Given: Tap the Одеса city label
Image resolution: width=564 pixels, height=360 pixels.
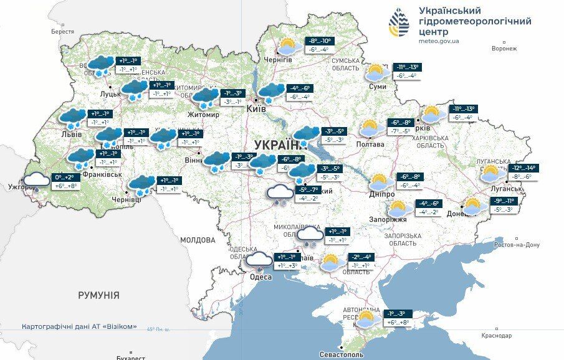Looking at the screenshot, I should [260, 277].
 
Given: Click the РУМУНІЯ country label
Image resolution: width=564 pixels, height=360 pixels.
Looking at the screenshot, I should [98, 295].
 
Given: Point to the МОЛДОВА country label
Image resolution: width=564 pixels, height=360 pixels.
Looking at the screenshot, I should [198, 240].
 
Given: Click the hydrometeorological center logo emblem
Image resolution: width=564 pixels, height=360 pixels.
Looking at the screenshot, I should [399, 23].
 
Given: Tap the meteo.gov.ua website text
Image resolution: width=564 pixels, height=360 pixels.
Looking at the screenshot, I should [438, 41].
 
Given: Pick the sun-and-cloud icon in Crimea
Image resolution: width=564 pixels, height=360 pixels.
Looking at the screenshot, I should [365, 318].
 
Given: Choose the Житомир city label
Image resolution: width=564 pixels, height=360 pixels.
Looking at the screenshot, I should [203, 115].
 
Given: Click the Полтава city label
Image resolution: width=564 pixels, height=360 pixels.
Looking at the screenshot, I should [370, 144].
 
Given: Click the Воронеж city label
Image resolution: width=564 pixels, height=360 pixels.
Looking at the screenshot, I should [504, 49].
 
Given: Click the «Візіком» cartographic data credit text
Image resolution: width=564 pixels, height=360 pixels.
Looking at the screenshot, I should [79, 326].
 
